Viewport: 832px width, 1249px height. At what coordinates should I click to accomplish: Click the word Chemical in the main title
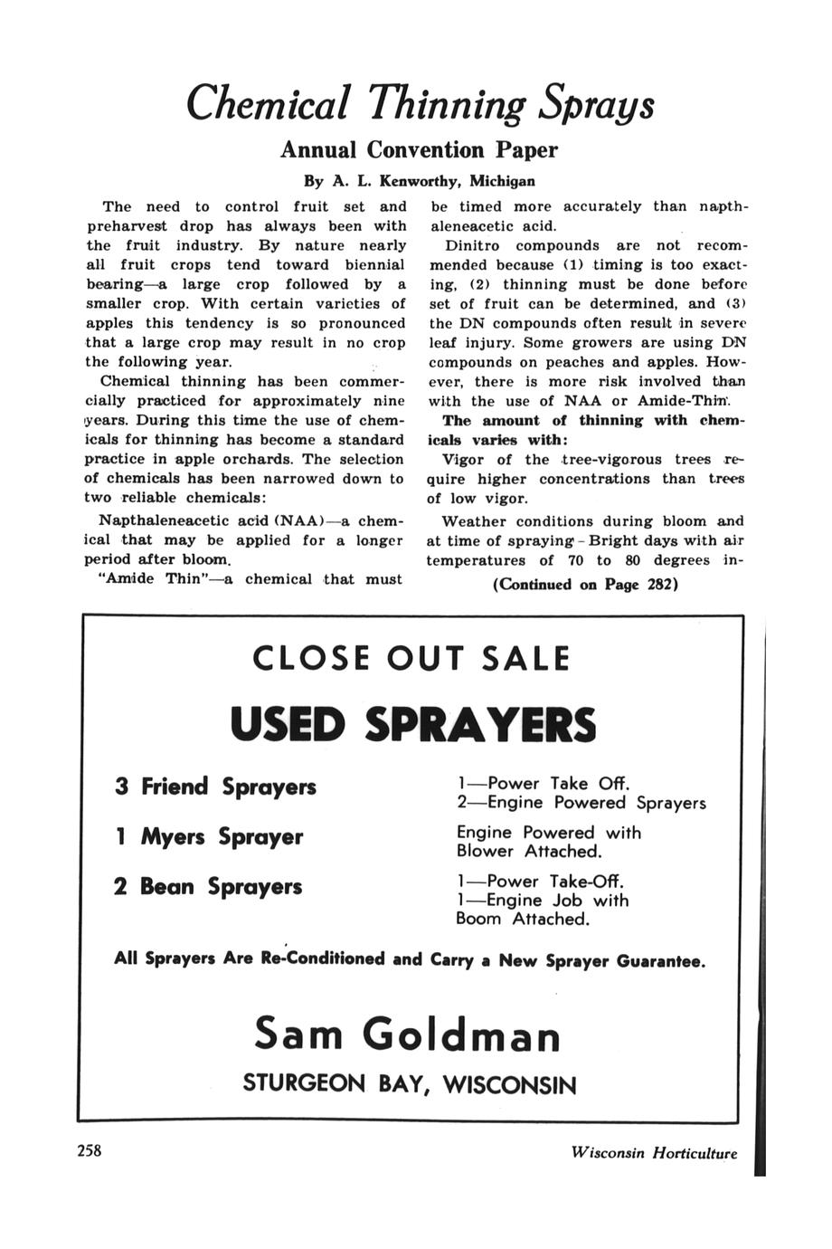click(268, 105)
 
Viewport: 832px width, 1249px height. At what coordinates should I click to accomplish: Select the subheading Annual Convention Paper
click(419, 149)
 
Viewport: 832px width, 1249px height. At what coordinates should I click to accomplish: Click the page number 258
click(90, 1151)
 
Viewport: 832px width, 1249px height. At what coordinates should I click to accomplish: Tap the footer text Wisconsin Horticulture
click(654, 1153)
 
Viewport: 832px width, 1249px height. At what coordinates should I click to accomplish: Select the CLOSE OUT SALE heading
click(411, 658)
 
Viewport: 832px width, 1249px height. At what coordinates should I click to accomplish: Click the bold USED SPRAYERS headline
click(413, 724)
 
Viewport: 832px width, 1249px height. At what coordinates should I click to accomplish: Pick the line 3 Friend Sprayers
click(215, 787)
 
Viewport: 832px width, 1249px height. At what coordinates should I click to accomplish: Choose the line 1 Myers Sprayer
click(208, 837)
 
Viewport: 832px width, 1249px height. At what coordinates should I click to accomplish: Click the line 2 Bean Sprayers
click(208, 886)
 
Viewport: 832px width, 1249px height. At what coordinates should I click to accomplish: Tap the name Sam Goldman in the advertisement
click(408, 1034)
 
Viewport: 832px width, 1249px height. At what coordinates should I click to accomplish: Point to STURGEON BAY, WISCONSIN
click(409, 1084)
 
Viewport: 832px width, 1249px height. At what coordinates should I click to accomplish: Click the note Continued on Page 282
click(585, 585)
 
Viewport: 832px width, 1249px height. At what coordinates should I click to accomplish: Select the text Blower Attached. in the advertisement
click(529, 852)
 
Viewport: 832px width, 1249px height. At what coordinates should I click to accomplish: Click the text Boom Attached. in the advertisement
click(523, 920)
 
